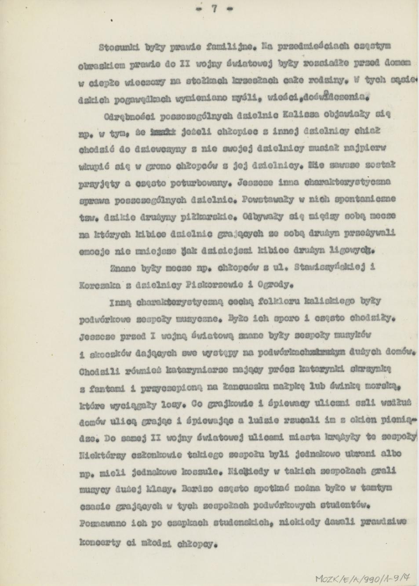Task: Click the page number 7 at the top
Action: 214,8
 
